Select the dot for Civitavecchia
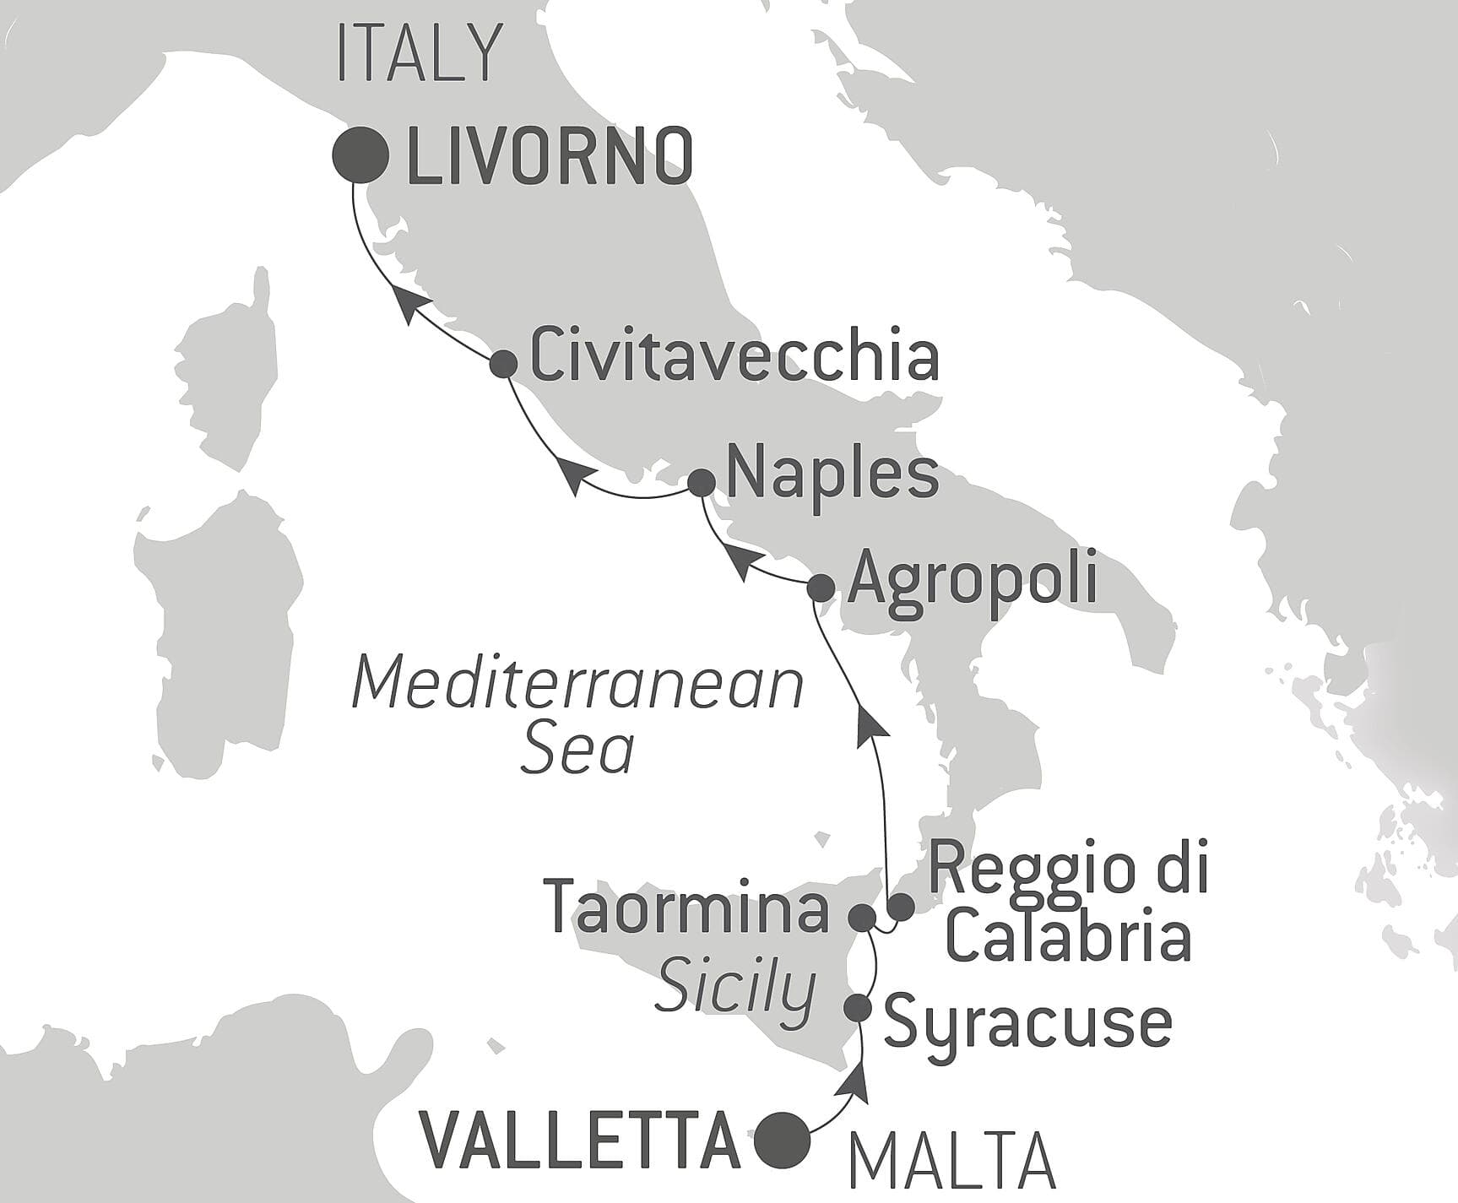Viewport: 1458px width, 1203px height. [x=504, y=363]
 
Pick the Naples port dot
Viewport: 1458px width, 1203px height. [x=701, y=483]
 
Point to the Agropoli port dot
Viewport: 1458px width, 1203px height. [x=821, y=587]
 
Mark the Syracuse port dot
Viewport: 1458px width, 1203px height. [x=859, y=1007]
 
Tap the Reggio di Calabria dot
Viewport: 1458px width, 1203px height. [x=902, y=908]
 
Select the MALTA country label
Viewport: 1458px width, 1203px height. [x=951, y=1166]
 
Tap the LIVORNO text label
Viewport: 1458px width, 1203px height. [x=550, y=157]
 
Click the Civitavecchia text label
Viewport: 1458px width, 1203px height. [x=733, y=358]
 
